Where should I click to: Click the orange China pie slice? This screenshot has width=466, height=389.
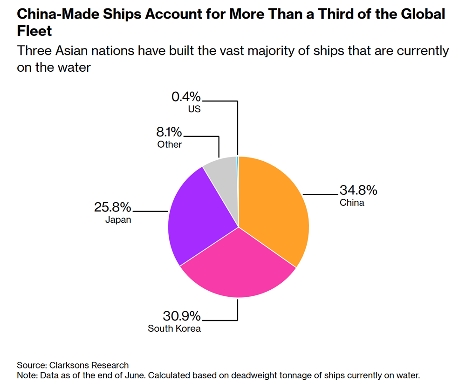click(275, 210)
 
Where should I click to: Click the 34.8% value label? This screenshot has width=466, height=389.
click(358, 191)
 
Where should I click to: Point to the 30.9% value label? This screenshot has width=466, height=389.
click(182, 316)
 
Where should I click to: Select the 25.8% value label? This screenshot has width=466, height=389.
click(113, 207)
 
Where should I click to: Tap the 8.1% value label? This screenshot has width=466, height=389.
click(170, 132)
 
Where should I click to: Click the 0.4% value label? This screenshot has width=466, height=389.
click(186, 97)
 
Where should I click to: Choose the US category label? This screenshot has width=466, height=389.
click(194, 110)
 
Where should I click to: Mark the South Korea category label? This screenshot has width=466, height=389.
click(174, 328)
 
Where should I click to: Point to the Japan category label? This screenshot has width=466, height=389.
click(118, 219)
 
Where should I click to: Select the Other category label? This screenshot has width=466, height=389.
click(170, 144)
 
